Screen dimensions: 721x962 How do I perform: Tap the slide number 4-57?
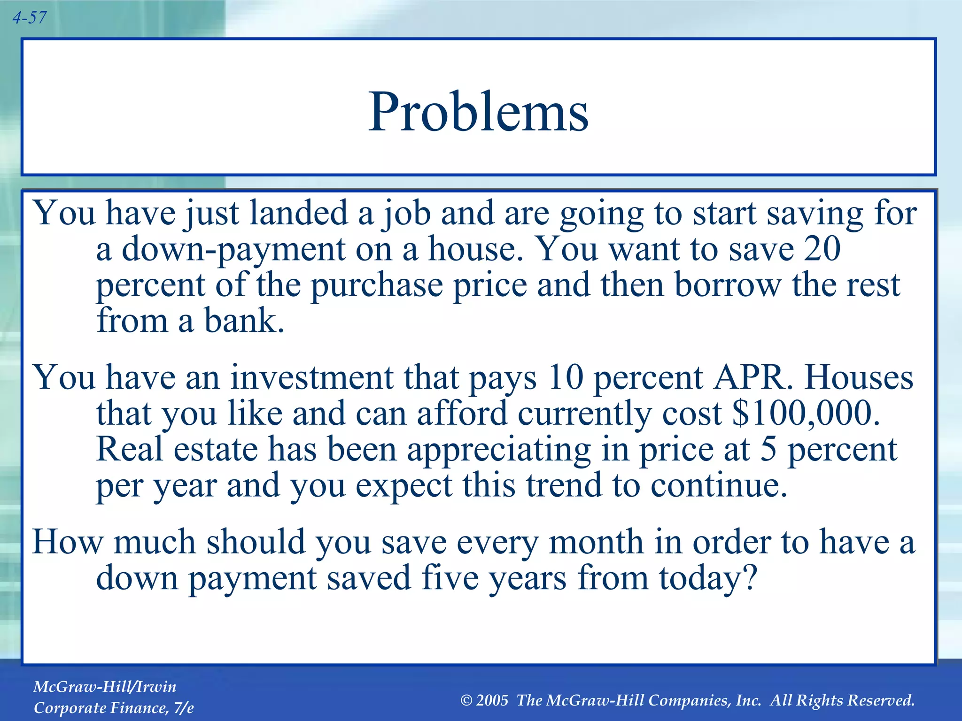click(29, 18)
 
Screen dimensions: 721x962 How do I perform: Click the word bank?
click(244, 321)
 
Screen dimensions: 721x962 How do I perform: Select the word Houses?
click(859, 378)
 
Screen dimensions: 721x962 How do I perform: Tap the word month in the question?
click(596, 543)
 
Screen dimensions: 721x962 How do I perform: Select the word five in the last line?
click(450, 578)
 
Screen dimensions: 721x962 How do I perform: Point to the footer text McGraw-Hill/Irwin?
click(105, 687)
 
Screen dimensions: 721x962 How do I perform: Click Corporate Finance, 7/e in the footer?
click(114, 708)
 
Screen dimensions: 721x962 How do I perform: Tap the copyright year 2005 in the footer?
click(492, 701)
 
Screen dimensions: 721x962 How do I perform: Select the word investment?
click(311, 378)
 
